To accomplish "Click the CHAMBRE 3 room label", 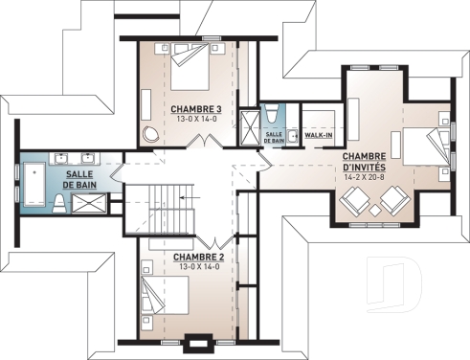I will [x=197, y=110].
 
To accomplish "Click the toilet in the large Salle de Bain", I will [x=59, y=202].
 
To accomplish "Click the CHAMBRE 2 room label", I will [x=197, y=257].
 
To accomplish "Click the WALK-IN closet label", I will [x=318, y=136].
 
